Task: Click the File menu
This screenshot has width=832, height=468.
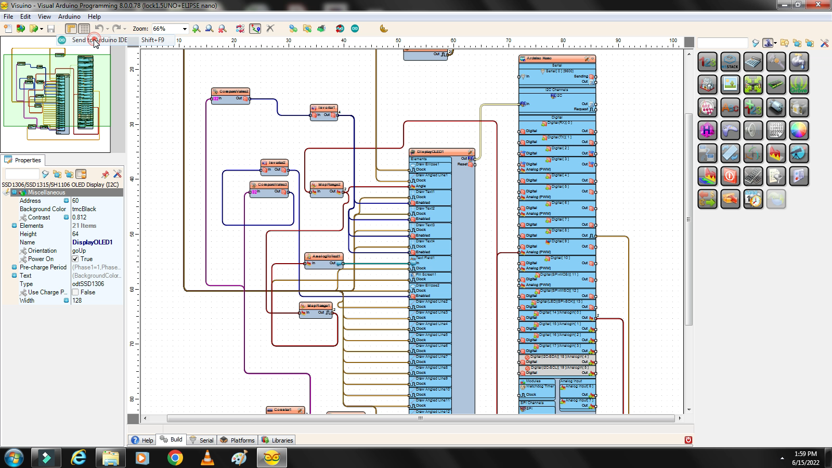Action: (8, 17)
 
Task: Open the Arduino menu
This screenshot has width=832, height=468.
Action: (69, 17)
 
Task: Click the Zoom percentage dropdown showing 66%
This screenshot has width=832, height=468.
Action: (170, 29)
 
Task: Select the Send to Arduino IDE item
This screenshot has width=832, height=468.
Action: (99, 40)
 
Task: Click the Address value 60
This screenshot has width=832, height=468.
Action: (76, 201)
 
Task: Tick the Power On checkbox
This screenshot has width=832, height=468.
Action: (75, 259)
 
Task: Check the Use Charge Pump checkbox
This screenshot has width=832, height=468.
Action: (75, 292)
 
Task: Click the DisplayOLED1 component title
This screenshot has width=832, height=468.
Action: (430, 152)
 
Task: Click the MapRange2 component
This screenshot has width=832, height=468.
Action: (329, 185)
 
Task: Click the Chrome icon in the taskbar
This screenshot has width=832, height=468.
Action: (175, 458)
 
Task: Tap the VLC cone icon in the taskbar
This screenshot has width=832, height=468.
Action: (207, 458)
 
